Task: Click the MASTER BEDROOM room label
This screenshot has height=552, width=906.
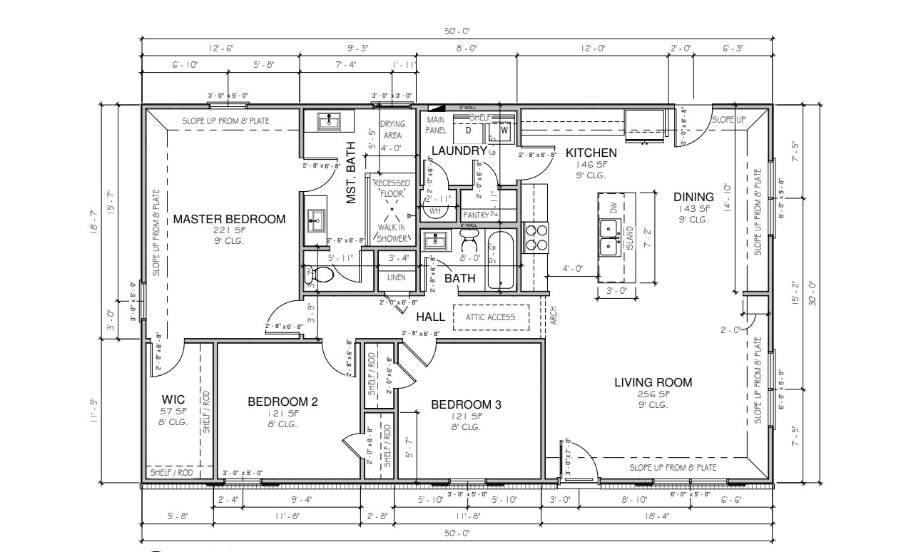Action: [229, 219]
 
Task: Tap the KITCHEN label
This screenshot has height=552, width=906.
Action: [591, 153]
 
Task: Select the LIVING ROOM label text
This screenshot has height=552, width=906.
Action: [653, 383]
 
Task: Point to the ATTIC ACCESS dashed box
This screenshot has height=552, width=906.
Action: [491, 317]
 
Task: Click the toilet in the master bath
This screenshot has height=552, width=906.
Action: [323, 275]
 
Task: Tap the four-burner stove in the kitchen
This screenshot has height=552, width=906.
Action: [536, 237]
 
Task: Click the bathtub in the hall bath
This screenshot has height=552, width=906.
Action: [502, 261]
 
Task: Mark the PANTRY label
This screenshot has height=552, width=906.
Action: [474, 215]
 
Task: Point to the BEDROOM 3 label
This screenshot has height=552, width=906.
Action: [467, 405]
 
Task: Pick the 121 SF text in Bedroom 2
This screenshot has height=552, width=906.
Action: [282, 414]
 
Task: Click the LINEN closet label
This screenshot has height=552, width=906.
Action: [397, 277]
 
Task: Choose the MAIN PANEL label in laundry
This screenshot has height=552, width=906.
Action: [436, 126]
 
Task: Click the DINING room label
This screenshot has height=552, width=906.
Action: [693, 198]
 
